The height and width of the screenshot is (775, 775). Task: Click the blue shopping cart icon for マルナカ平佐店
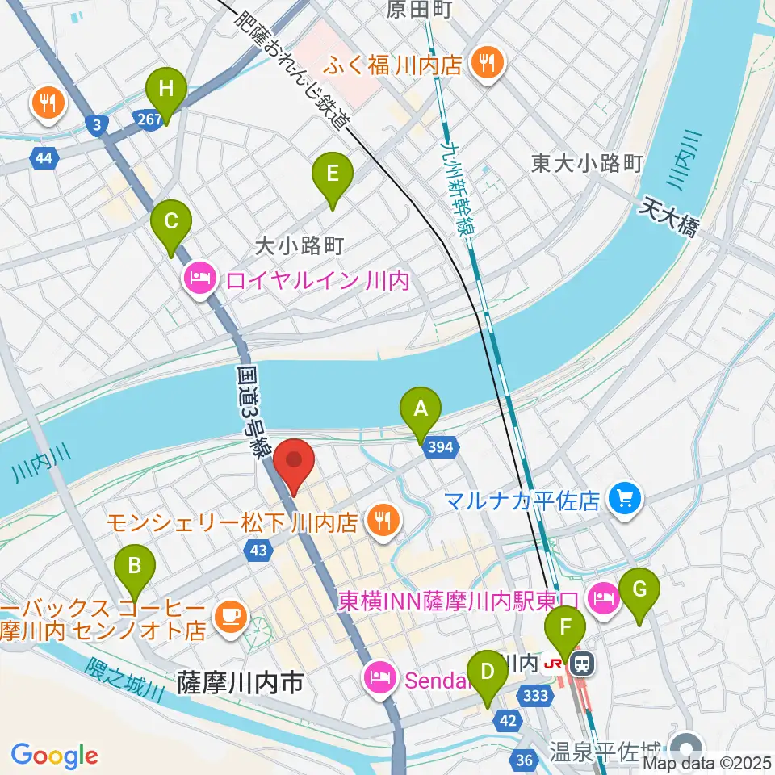625,498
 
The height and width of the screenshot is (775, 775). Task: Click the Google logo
54,756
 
